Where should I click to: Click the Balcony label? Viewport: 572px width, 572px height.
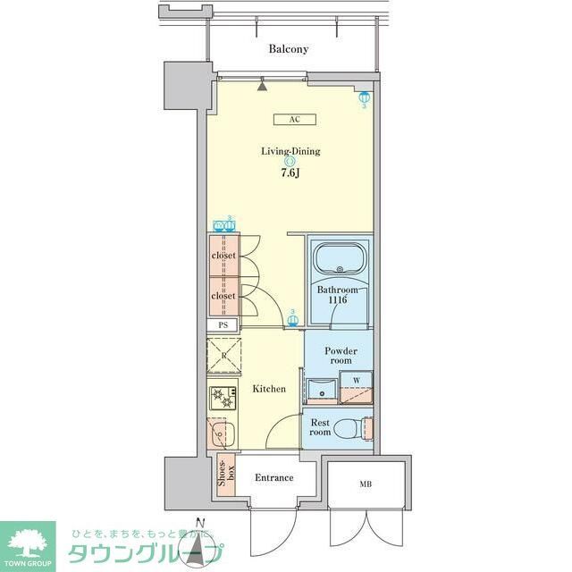[x=289, y=49]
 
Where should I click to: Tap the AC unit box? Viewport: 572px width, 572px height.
[x=293, y=120]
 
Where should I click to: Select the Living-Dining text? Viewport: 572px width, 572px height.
[x=290, y=151]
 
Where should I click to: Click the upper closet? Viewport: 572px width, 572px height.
[x=223, y=256]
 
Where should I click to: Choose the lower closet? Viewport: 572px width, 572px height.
[x=223, y=296]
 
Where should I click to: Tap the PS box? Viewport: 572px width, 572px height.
[x=223, y=326]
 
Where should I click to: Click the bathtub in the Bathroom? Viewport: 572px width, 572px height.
[x=340, y=260]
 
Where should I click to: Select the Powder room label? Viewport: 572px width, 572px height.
[x=341, y=356]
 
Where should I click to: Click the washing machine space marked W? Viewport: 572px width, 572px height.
[x=357, y=381]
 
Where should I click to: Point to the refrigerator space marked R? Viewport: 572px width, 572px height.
[x=223, y=355]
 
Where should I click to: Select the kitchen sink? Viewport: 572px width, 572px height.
[x=221, y=433]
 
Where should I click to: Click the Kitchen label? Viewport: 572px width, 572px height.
[x=268, y=389]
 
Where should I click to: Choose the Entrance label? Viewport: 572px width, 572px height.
[x=273, y=477]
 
